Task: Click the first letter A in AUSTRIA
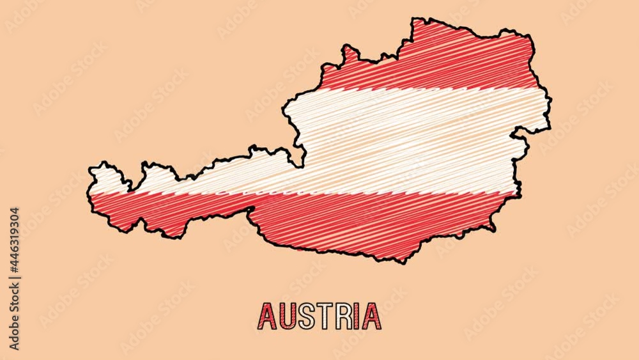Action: tap(267, 316)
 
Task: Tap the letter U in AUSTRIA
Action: tap(288, 316)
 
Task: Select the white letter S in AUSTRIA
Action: tap(307, 316)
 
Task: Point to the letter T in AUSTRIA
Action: tap(325, 316)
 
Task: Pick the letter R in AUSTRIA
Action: tap(344, 316)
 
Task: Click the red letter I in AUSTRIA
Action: tap(358, 316)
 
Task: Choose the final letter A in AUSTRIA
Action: tap(372, 316)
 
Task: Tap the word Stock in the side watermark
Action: tap(14, 301)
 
